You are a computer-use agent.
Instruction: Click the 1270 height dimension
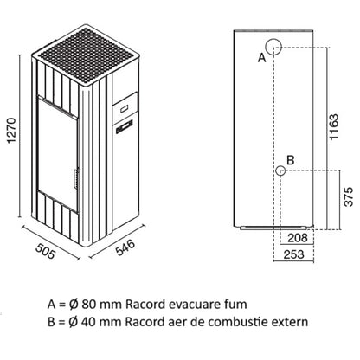click(11, 130)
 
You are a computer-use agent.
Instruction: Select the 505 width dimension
click(45, 251)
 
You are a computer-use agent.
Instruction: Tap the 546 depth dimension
click(125, 247)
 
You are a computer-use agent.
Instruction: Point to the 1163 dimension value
click(334, 127)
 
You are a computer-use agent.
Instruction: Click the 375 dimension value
click(349, 196)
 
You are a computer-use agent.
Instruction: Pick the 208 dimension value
click(298, 238)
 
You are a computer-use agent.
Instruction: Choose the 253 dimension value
click(293, 254)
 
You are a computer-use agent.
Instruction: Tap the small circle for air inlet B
click(280, 170)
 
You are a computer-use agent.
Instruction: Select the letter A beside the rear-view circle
click(261, 58)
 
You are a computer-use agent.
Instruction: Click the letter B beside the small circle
click(291, 159)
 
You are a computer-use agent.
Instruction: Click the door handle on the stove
click(76, 179)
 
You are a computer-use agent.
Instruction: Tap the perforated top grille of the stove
click(86, 55)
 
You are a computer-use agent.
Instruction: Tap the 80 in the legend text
click(88, 305)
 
